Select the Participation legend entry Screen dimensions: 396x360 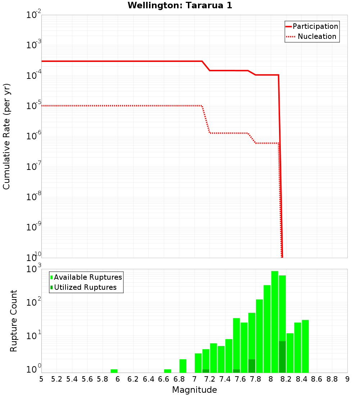click(x=312, y=26)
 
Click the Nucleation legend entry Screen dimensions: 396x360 click(x=312, y=36)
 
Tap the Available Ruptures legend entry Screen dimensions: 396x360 click(x=86, y=277)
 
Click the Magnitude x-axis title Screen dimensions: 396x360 click(x=194, y=390)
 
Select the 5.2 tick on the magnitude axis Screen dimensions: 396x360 click(x=57, y=379)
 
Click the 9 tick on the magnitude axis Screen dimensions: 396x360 click(x=347, y=379)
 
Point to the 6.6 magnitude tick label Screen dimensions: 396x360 click(x=164, y=379)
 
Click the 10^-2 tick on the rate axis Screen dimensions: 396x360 click(x=34, y=15)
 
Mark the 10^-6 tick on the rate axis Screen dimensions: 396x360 click(x=34, y=136)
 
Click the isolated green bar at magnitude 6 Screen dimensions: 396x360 click(x=114, y=371)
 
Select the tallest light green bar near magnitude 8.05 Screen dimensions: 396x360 click(x=275, y=320)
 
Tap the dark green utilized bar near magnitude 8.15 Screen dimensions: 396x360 click(x=282, y=356)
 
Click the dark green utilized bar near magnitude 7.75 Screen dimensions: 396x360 click(x=252, y=366)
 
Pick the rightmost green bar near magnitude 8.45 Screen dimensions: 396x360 click(x=305, y=346)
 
